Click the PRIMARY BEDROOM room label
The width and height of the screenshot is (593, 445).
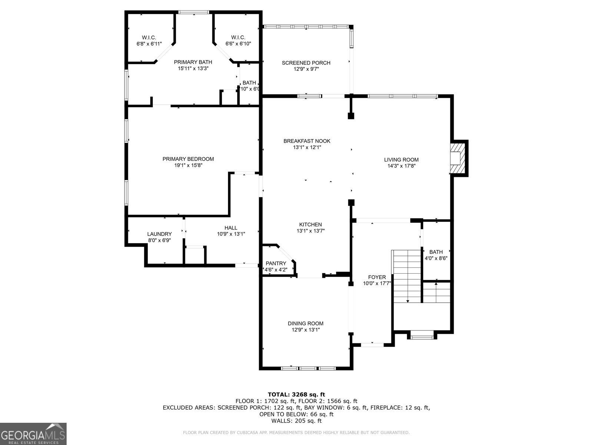tap(188, 159)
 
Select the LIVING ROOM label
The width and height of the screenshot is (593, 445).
tap(401, 160)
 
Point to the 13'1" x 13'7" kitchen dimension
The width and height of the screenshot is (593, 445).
tap(311, 231)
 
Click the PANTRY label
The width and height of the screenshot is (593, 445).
tap(276, 263)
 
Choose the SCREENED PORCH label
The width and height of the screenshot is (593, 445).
tap(306, 63)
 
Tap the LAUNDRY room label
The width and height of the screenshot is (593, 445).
tap(159, 234)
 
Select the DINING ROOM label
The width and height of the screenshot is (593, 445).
tap(305, 323)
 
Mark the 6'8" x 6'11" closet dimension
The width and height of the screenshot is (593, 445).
tap(149, 44)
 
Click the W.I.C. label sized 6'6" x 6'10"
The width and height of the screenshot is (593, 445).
tap(238, 37)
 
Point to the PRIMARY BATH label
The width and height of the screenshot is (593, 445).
tap(193, 62)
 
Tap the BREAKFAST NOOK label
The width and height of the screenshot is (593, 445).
tap(307, 141)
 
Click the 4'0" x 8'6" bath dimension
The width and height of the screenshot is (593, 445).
tap(436, 258)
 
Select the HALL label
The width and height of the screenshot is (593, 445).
tap(231, 228)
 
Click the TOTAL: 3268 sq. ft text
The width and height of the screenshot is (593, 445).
tap(296, 395)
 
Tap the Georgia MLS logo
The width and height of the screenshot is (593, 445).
tap(33, 434)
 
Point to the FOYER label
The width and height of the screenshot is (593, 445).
tap(377, 277)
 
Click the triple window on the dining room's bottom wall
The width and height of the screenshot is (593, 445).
tap(308, 368)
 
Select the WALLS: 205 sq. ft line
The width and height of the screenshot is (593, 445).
tap(296, 421)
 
